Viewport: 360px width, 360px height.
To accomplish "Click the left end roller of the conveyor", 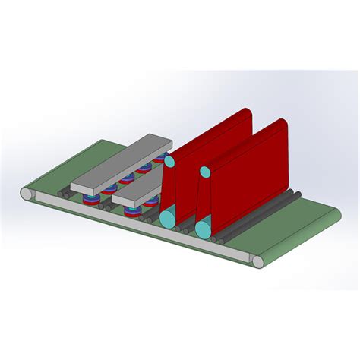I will click(x=27, y=196).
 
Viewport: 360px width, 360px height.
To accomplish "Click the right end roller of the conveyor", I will click(x=258, y=262).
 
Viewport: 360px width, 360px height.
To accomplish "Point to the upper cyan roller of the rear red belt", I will click(x=171, y=162).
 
